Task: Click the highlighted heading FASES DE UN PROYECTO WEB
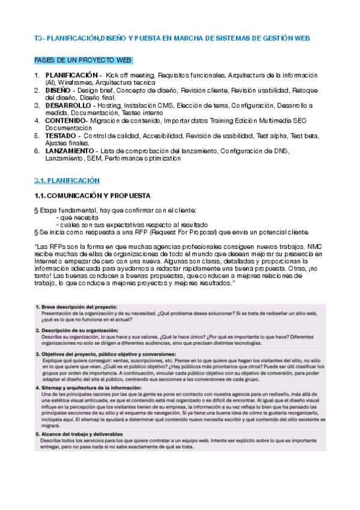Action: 83,61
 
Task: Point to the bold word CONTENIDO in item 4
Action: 66,120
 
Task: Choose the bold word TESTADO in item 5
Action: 62,135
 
